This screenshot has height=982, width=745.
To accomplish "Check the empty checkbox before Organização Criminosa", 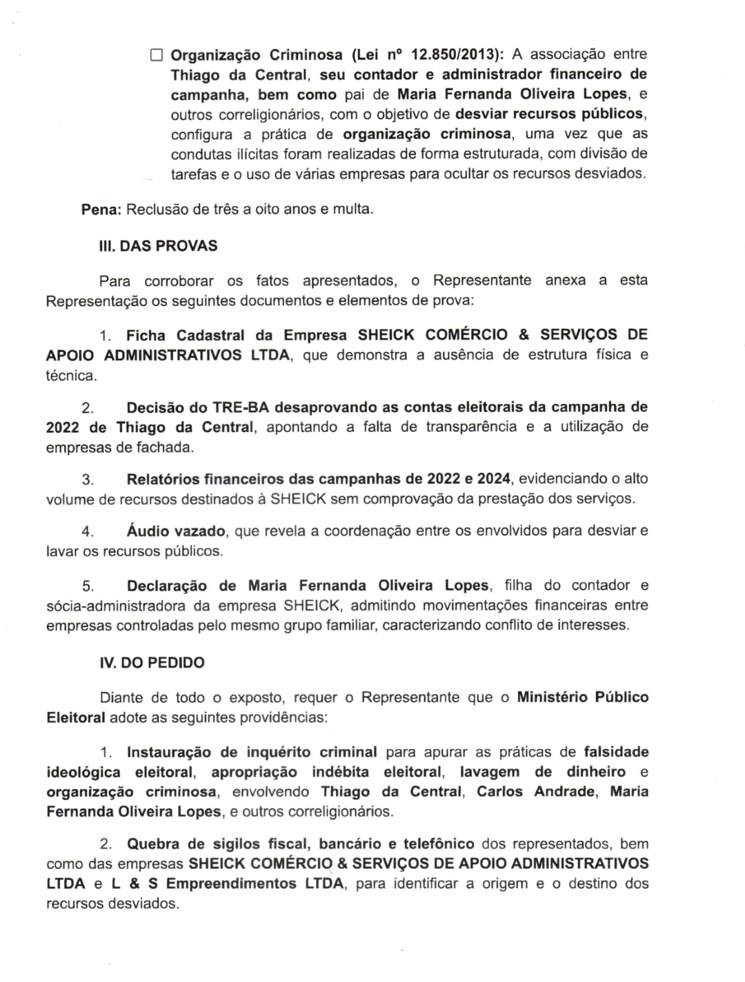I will click(157, 54).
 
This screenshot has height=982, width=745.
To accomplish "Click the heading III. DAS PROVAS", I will click(159, 246).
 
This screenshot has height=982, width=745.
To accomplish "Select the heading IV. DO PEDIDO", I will click(152, 663).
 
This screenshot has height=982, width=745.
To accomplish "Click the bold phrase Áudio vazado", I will click(176, 531).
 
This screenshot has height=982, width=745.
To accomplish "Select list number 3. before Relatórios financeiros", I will click(88, 479).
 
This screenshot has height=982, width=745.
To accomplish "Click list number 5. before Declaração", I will click(88, 586).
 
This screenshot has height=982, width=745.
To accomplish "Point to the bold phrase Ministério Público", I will click(582, 697).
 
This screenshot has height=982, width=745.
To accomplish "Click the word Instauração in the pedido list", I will click(170, 752).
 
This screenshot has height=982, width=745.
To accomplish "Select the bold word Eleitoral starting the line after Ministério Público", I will click(76, 717).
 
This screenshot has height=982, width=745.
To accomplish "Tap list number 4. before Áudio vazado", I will click(88, 532).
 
